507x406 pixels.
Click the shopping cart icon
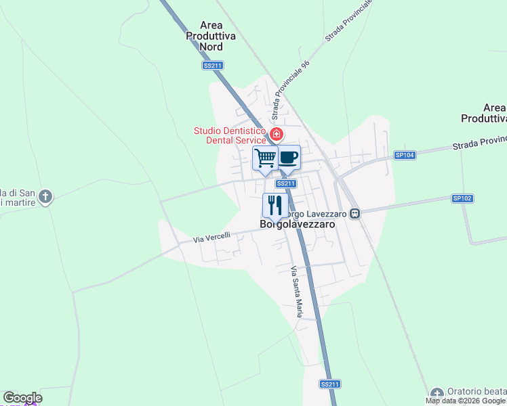pyautogui.click(x=265, y=158)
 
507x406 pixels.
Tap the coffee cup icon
pyautogui.click(x=288, y=158)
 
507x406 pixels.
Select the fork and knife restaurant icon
pyautogui.click(x=275, y=204)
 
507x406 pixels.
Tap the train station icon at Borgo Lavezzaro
pyautogui.click(x=354, y=213)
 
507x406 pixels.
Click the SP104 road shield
pyautogui.click(x=405, y=155)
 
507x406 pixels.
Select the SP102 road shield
pyautogui.click(x=462, y=198)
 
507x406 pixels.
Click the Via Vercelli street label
pyautogui.click(x=211, y=237)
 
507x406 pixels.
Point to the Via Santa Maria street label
pyautogui.click(x=296, y=292)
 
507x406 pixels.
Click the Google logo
pyautogui.click(x=22, y=398)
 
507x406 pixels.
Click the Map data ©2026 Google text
pyautogui.click(x=465, y=401)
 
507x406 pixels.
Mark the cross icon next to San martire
pyautogui.click(x=45, y=197)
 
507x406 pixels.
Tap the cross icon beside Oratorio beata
pyautogui.click(x=437, y=393)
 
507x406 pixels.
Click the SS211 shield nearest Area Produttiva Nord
pyautogui.click(x=213, y=66)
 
